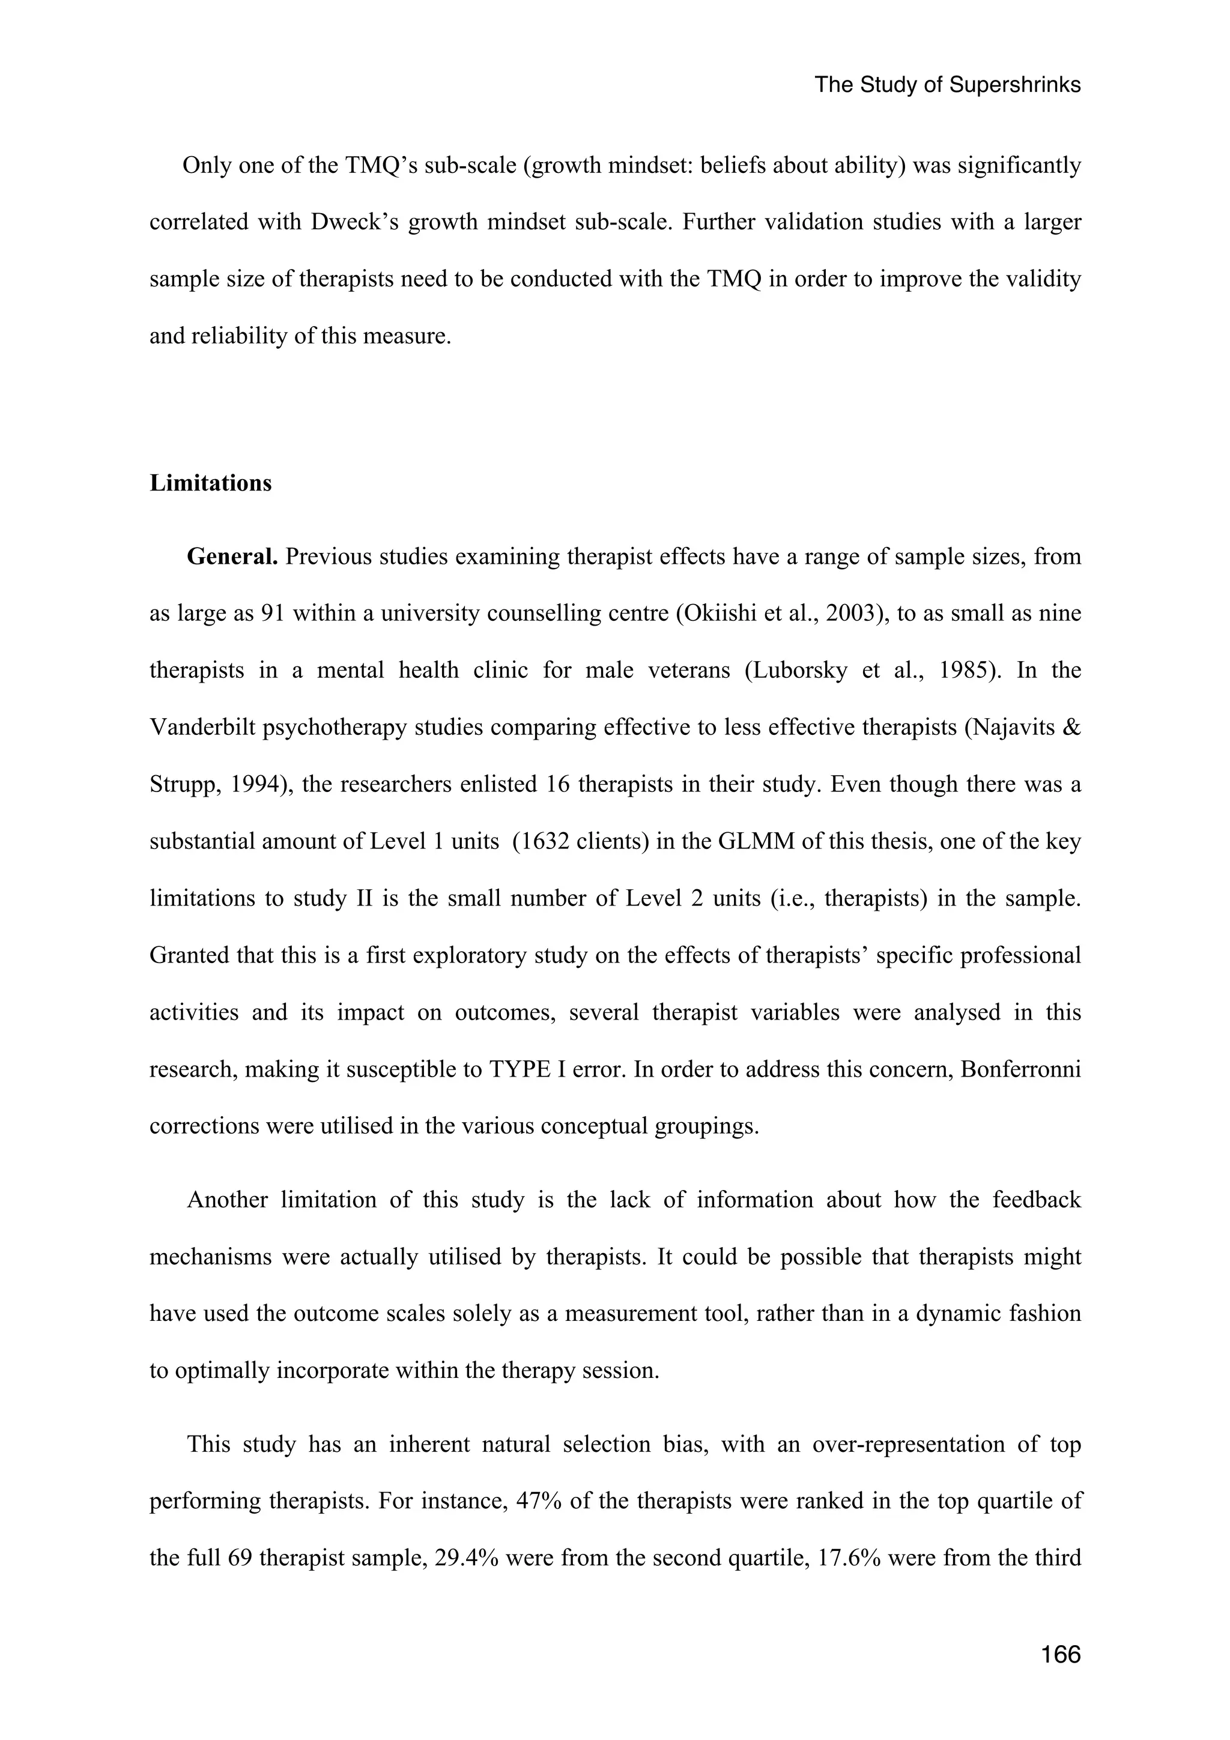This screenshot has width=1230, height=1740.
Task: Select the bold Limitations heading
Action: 210,483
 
